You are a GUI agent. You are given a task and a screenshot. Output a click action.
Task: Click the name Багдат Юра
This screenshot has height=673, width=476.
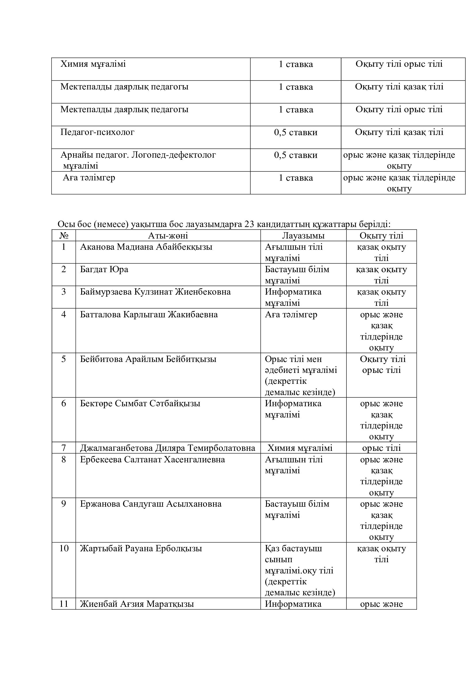click(104, 269)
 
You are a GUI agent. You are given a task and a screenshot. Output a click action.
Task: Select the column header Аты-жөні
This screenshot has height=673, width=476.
click(168, 235)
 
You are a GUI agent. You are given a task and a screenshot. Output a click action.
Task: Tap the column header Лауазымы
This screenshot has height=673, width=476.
click(303, 235)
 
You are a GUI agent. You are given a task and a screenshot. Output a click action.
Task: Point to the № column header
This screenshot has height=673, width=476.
click(64, 235)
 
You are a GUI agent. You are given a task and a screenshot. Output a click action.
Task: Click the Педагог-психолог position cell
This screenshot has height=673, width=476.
click(97, 132)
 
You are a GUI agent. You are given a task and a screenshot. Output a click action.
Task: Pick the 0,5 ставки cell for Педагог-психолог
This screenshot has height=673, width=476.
click(295, 132)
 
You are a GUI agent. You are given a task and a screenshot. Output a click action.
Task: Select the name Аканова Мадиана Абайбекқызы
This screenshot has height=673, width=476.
click(146, 247)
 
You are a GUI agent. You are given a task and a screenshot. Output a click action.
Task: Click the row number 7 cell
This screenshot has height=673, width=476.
click(64, 448)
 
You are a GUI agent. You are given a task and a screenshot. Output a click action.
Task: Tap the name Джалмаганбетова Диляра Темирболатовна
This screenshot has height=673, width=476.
click(168, 448)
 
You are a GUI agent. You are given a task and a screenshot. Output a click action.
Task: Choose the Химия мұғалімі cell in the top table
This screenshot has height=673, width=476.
click(93, 64)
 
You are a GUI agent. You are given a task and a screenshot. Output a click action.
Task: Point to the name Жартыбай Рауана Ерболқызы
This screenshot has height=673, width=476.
click(141, 548)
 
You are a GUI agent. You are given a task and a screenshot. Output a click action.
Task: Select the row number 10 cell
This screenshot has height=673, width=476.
click(64, 548)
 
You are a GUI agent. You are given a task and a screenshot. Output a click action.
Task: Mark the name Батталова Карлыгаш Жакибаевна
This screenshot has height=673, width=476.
click(149, 314)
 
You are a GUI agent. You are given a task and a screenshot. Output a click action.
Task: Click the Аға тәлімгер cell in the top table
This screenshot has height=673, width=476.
click(89, 178)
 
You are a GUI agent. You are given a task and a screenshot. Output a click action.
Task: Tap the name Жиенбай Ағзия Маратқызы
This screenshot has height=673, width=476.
click(137, 604)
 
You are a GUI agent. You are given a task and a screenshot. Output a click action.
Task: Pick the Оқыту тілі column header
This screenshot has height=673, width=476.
click(381, 235)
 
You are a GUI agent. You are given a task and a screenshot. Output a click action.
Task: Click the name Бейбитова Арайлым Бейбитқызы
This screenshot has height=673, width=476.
click(148, 359)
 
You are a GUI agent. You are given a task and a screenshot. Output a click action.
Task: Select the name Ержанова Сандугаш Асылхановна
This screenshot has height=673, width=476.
click(151, 504)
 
